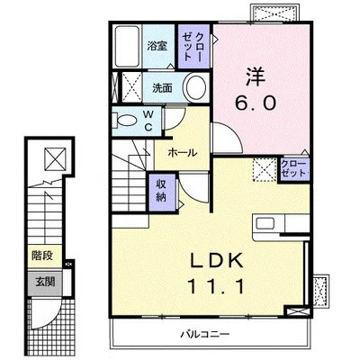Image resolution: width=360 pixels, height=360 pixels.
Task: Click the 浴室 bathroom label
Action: pyautogui.click(x=157, y=46)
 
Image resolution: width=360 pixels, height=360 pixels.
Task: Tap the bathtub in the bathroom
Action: pyautogui.click(x=128, y=47)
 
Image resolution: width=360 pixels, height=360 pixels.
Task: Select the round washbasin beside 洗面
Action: pyautogui.click(x=196, y=87)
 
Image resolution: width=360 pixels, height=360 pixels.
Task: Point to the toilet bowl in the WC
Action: pyautogui.click(x=126, y=121)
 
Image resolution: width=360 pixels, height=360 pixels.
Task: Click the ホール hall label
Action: pyautogui.click(x=183, y=153)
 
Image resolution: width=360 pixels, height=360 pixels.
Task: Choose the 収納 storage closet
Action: pyautogui.click(x=161, y=192)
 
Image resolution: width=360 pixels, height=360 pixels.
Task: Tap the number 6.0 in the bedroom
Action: pyautogui.click(x=255, y=103)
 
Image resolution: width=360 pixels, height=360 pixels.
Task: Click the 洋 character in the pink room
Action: pyautogui.click(x=256, y=76)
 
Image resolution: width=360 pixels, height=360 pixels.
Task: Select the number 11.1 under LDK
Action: pyautogui.click(x=215, y=286)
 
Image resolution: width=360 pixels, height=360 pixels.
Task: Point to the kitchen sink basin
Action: pyautogui.click(x=265, y=223)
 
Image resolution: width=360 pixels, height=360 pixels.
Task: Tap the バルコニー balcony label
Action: pyautogui.click(x=205, y=334)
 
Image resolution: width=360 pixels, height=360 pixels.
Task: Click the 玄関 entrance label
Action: pyautogui.click(x=45, y=282)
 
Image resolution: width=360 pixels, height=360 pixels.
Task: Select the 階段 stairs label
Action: pyautogui.click(x=42, y=256)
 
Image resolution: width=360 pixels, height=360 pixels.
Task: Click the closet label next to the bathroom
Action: pyautogui.click(x=193, y=47)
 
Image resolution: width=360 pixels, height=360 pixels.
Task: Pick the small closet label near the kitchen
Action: pyautogui.click(x=293, y=168)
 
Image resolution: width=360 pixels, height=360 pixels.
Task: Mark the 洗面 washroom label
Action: pyautogui.click(x=162, y=88)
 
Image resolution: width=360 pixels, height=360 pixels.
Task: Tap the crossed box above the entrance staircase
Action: pyautogui.click(x=55, y=159)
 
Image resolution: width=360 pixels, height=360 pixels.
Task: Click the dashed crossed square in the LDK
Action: pyautogui.click(x=265, y=169)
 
